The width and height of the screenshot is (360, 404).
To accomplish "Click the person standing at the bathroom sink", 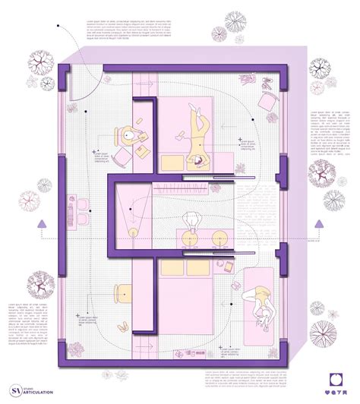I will [x=191, y=221].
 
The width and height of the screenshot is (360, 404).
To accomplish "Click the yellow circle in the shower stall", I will [x=134, y=231].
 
